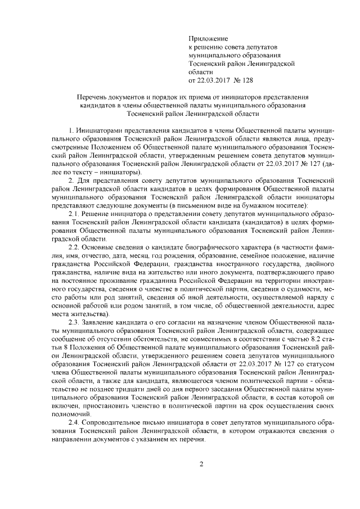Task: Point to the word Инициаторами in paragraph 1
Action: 100,130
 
